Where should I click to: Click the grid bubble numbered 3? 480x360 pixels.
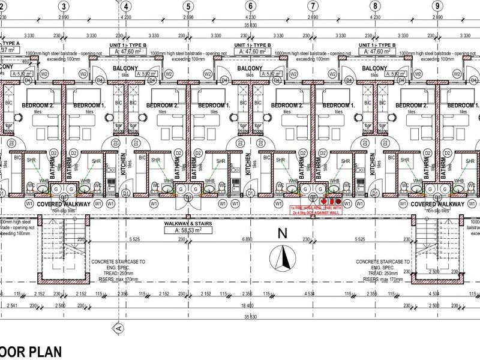62,6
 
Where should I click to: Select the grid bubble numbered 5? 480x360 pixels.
188,6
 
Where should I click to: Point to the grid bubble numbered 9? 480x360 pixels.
438,6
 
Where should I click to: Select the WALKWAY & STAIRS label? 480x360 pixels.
189,223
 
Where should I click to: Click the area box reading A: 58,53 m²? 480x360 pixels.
189,230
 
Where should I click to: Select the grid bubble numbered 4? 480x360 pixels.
126,6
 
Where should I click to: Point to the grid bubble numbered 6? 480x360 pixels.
250,6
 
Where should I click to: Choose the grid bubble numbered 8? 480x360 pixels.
375,6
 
